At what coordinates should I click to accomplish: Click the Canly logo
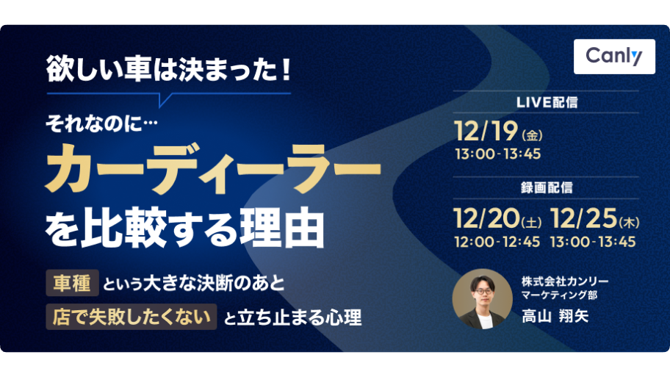point(614,57)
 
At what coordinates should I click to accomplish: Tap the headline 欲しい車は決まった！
point(169,69)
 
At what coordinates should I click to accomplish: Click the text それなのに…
point(101,124)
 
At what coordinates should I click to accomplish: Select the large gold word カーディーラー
point(213,168)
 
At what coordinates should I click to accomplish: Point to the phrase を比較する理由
point(184,227)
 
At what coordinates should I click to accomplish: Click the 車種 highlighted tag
point(72,283)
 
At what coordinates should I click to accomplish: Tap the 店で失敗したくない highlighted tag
point(132,317)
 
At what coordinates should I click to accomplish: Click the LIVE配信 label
point(547,102)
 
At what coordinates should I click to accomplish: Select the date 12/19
point(486,131)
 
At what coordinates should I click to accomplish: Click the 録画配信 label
point(547,187)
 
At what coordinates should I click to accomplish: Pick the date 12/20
point(486,218)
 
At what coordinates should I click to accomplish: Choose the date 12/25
point(584,218)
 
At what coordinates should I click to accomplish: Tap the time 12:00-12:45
point(497,242)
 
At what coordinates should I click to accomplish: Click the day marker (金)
point(532,135)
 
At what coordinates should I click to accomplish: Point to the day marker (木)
point(629,222)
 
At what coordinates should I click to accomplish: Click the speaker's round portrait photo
point(483,299)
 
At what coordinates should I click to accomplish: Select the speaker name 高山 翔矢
point(555,316)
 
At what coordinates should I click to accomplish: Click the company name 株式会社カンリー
point(565,281)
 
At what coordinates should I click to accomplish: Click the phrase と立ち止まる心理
point(292,317)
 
